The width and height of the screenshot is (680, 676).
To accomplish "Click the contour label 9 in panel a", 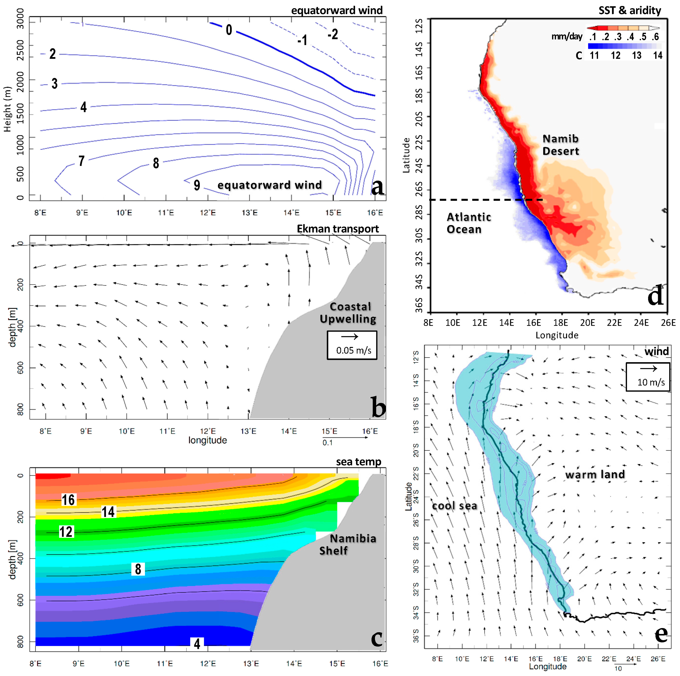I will pyautogui.click(x=197, y=185).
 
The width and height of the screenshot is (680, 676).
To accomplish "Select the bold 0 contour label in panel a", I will pyautogui.click(x=229, y=30).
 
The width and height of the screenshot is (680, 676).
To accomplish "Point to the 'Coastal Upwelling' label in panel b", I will pyautogui.click(x=348, y=313).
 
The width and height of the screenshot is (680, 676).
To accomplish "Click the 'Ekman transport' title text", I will pyautogui.click(x=338, y=229).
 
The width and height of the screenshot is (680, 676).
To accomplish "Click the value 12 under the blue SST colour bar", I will pyautogui.click(x=615, y=55).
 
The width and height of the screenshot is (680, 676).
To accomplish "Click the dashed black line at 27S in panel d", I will pyautogui.click(x=486, y=200).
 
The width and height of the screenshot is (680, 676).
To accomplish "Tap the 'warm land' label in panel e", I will pyautogui.click(x=595, y=474).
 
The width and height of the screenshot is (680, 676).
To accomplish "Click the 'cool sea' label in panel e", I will pyautogui.click(x=454, y=506).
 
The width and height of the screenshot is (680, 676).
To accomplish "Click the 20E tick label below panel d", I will pyautogui.click(x=587, y=322).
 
